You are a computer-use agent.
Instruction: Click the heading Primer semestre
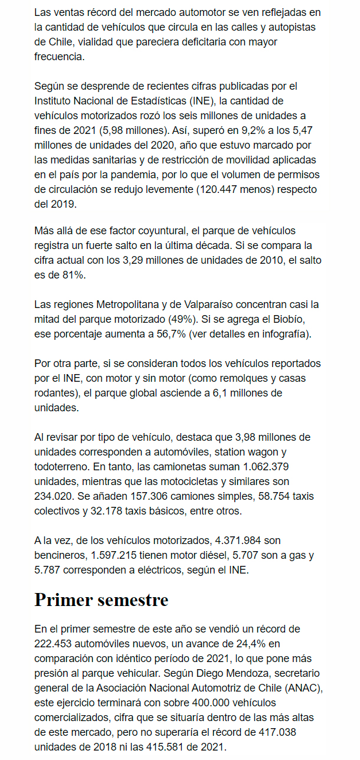point(101,600)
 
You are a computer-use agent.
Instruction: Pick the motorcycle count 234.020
point(54,481)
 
